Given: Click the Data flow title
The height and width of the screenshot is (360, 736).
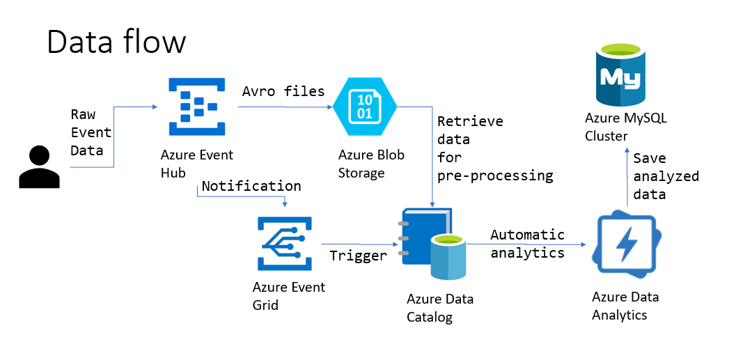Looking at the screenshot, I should (x=116, y=42).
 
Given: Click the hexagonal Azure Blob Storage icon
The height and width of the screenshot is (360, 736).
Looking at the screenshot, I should (x=364, y=107).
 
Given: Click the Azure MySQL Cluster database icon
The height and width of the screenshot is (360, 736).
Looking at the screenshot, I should (x=620, y=75).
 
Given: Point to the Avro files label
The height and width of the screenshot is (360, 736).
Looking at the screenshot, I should (x=283, y=91).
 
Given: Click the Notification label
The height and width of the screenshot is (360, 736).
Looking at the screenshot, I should (x=251, y=186).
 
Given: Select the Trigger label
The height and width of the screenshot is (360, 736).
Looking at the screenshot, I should (x=358, y=256).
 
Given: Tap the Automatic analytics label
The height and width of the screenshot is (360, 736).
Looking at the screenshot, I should (x=527, y=244).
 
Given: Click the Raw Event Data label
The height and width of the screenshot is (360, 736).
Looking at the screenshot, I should (x=91, y=132).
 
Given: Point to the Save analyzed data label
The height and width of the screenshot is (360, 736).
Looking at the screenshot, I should (x=665, y=176).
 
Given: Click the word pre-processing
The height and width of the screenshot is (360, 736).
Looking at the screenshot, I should (x=495, y=176).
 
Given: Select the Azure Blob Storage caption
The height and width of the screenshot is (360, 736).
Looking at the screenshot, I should (x=371, y=164).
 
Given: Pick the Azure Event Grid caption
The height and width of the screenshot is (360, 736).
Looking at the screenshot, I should (x=289, y=295).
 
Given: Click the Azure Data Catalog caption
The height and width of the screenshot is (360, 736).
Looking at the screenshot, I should (x=440, y=308).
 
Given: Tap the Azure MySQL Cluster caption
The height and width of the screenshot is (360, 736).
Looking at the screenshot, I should (x=625, y=127).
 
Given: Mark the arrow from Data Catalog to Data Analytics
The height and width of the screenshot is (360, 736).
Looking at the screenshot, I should (x=529, y=244).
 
